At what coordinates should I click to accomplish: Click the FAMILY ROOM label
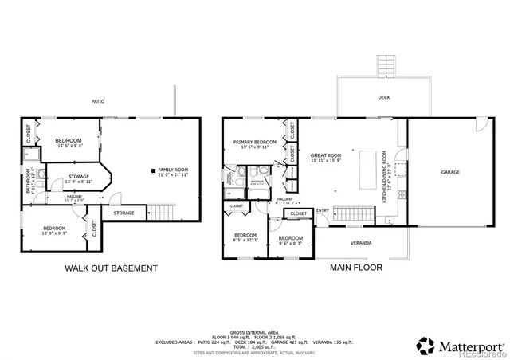point(174,171)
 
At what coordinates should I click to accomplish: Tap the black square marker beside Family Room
point(153,170)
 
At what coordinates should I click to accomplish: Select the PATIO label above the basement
point(98,101)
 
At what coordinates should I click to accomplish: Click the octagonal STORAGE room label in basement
point(77,178)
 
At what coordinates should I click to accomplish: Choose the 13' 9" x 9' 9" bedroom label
point(54,231)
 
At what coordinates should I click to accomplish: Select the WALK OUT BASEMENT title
point(110,268)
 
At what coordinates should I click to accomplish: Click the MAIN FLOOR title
point(355,268)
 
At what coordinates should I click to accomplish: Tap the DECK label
point(383,97)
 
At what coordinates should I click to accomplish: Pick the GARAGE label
point(450,172)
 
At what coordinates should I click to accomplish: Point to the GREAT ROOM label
point(326,157)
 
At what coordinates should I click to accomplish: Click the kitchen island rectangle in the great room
point(368,168)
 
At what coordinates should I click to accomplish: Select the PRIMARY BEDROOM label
point(254,144)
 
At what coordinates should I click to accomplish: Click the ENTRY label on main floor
point(323,210)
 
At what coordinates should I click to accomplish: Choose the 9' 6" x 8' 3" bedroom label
point(291,239)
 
